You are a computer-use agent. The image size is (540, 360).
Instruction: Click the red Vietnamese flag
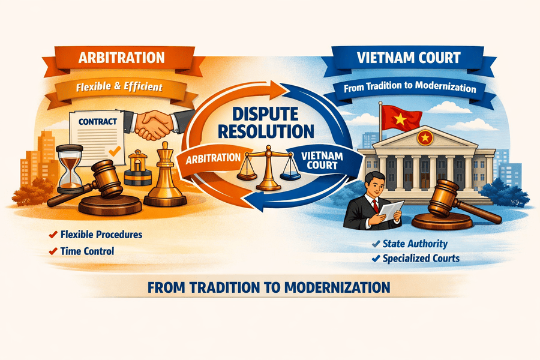[400, 118]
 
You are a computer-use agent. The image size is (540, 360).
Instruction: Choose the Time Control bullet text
[86, 251]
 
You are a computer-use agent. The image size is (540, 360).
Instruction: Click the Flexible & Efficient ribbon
[119, 88]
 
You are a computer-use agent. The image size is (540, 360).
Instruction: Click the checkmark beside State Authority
[375, 244]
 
